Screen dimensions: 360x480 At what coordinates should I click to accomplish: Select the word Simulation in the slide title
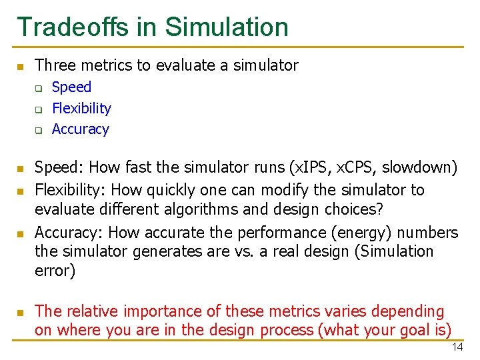coord(227,27)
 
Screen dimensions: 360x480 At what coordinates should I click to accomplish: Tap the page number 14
coord(457,347)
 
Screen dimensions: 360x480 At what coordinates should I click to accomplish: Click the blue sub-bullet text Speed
coord(71,87)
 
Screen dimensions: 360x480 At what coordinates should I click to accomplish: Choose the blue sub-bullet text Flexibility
coord(81,108)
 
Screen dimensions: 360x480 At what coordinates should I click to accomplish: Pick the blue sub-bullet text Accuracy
coord(80,129)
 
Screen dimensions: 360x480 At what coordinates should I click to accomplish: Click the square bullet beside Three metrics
coord(21,66)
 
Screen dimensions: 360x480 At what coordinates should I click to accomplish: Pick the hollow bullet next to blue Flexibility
coord(39,109)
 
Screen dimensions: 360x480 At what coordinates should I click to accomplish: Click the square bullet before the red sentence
coord(21,312)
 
